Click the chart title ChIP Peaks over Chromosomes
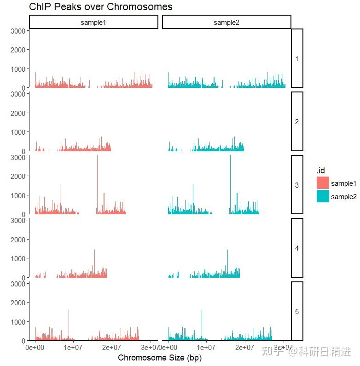point(100,7)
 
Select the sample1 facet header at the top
point(93,22)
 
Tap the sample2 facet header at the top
point(226,22)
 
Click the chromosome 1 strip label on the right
point(297,58)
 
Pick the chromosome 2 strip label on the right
point(297,122)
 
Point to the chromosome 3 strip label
point(297,185)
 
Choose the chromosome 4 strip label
point(297,248)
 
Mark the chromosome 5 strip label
point(297,311)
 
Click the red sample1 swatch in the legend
point(323,183)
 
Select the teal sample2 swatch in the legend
point(323,196)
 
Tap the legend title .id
point(320,171)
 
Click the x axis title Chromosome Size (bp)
point(160,357)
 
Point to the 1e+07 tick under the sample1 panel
point(73,347)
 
